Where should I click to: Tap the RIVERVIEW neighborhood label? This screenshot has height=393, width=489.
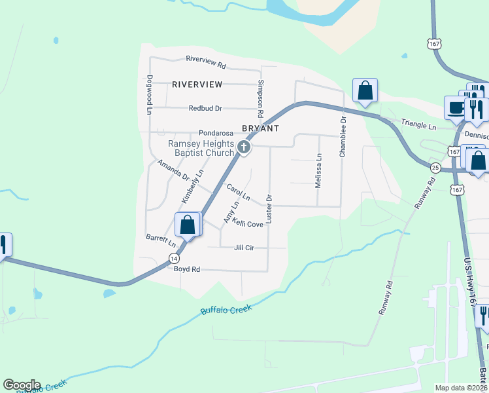pos(197,84)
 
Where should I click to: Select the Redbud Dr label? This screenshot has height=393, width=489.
pos(205,108)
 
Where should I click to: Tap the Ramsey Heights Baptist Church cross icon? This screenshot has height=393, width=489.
pos(244,148)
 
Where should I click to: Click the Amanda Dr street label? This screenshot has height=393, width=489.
pos(173,172)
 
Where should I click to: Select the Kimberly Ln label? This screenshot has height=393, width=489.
pos(193,186)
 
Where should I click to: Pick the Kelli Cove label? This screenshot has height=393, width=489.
pos(248,224)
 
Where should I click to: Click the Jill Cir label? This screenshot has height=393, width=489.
pos(244,248)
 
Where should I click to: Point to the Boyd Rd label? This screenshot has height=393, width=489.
pos(186,269)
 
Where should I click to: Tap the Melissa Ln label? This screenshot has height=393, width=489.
pos(319,171)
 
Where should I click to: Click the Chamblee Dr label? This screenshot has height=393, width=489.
pos(342,137)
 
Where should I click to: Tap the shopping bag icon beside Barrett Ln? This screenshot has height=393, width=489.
pos(188,224)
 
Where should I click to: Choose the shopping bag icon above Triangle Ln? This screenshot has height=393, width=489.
pos(365,90)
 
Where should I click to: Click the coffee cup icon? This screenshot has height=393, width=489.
pos(455,107)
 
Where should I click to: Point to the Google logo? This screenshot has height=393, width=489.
pos(22,385)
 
